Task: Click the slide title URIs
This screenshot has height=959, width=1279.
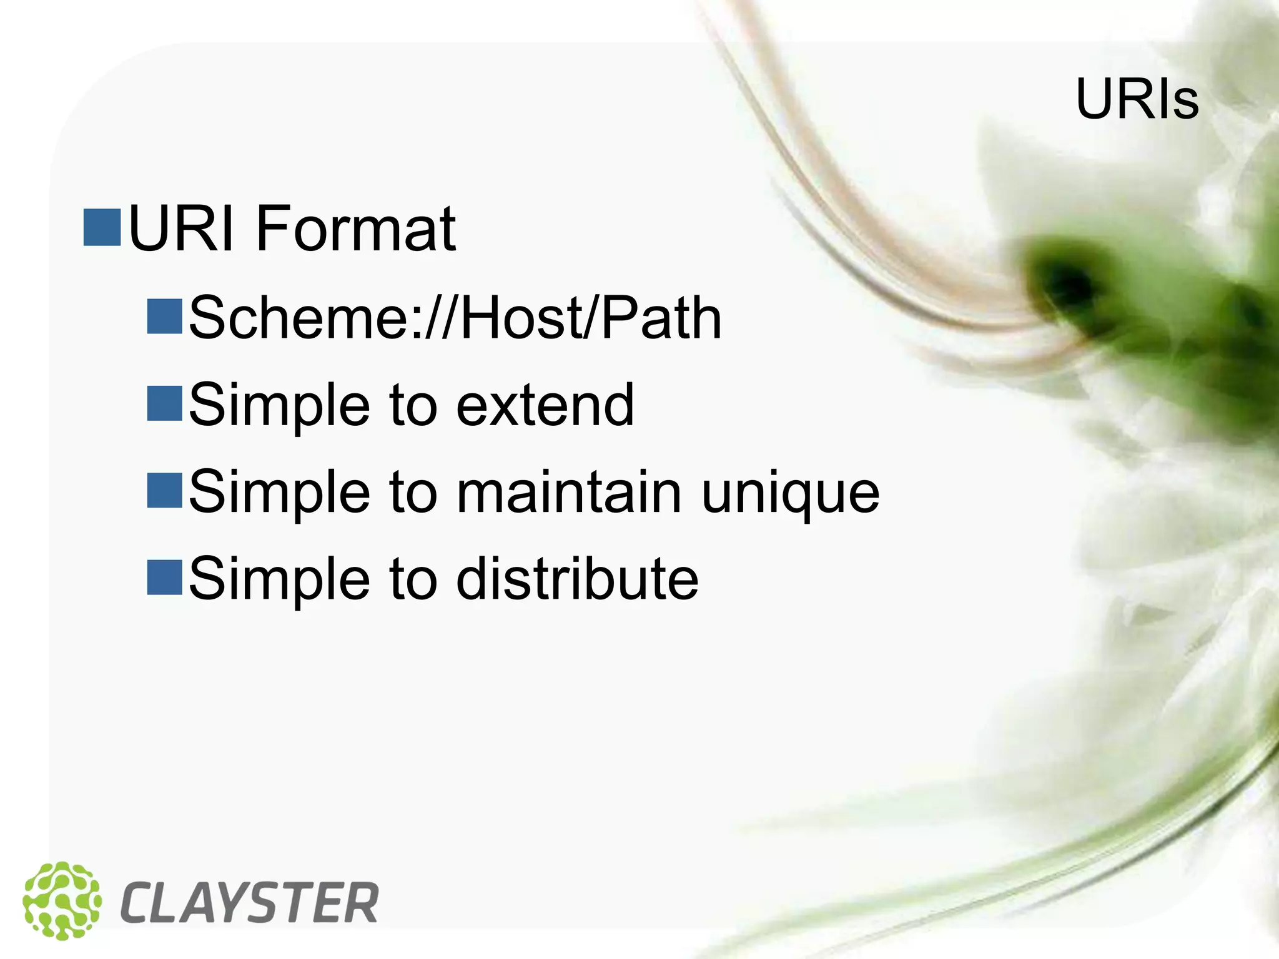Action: [x=1137, y=100]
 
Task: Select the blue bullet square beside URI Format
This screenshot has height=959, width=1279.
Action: [x=102, y=228]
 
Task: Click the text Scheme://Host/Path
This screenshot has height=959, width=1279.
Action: [x=455, y=318]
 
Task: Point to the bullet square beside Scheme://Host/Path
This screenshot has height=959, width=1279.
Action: [x=164, y=317]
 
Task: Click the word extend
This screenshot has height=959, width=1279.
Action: [x=545, y=405]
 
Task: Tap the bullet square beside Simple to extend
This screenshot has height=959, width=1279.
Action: [x=164, y=403]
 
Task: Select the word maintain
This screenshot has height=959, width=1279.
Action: [x=568, y=492]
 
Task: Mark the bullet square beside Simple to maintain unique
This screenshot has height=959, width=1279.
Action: [x=164, y=490]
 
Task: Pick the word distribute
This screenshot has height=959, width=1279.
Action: [x=577, y=579]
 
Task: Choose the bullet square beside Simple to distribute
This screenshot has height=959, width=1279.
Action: [x=164, y=578]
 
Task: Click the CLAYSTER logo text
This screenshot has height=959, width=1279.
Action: [x=250, y=903]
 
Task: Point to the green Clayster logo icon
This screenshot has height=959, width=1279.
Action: [x=61, y=900]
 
